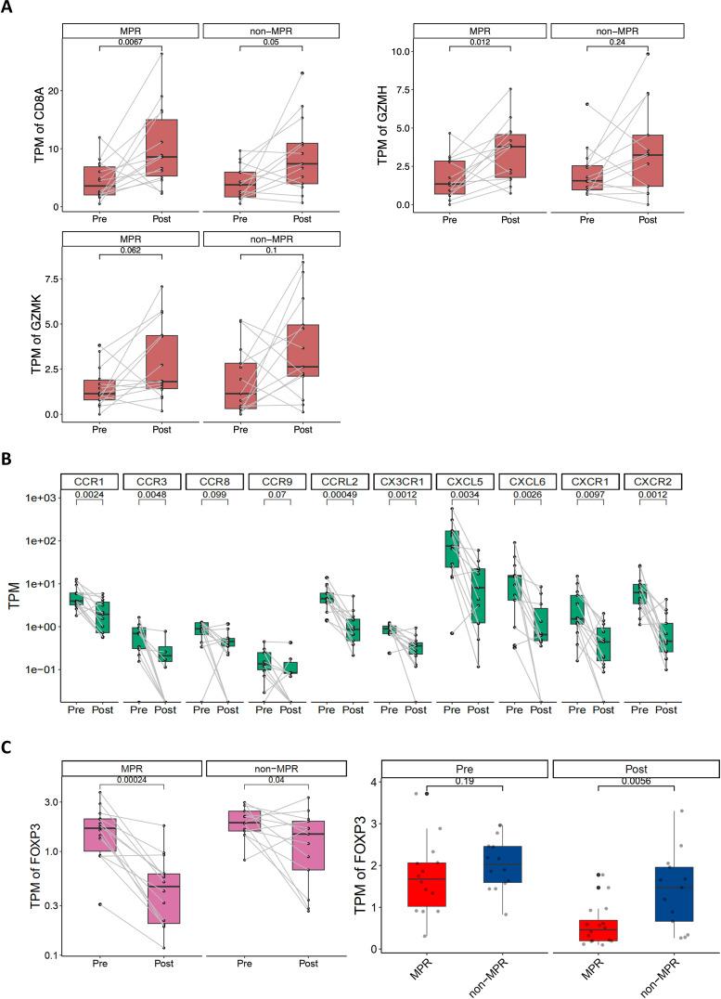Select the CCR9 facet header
[x=277, y=481]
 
